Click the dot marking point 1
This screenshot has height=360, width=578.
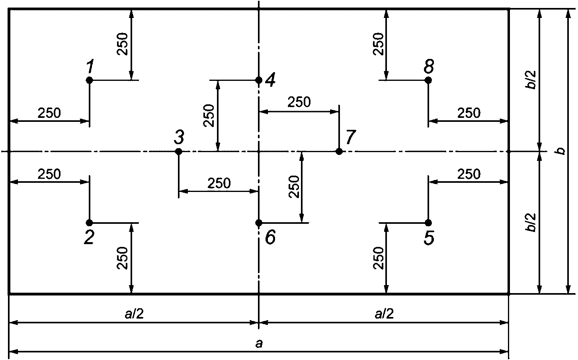point(89,80)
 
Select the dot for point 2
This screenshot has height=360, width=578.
point(89,223)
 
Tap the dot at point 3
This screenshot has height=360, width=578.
point(178,151)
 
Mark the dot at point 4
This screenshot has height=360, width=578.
point(259,80)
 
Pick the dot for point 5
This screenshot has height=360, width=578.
point(428,223)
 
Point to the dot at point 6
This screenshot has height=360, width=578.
point(259,223)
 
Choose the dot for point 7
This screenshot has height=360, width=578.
point(339,151)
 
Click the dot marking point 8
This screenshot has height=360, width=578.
point(428,80)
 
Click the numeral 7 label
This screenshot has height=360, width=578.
point(351,137)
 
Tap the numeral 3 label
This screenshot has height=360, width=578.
point(179,137)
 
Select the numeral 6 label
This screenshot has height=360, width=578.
point(270,237)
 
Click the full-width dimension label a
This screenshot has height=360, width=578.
point(259,344)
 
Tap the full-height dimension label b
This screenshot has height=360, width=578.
point(560,151)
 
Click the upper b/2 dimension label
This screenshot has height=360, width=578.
point(531,80)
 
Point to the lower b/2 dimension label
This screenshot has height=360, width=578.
point(531,223)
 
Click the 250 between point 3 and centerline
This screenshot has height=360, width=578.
point(219,184)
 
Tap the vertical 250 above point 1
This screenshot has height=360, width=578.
point(123,44)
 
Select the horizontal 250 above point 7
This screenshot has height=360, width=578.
point(299,102)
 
